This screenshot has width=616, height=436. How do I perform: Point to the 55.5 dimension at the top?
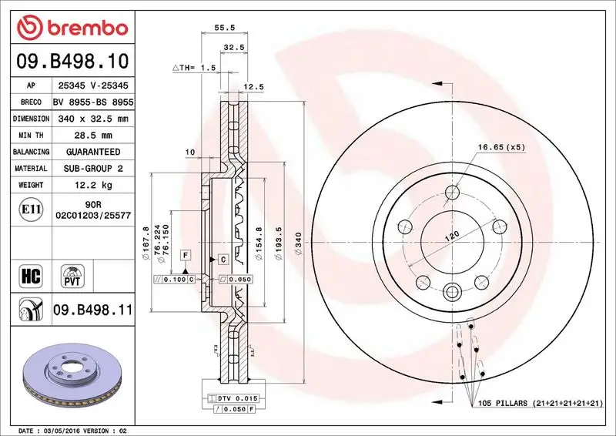pyautogui.click(x=223, y=27)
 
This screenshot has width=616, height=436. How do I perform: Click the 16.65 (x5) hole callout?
pyautogui.click(x=500, y=146)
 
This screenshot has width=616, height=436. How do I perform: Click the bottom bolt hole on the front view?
pyautogui.click(x=452, y=291)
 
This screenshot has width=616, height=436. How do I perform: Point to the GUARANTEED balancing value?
pyautogui.click(x=93, y=152)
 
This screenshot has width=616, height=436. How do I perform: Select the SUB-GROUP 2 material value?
pyautogui.click(x=93, y=168)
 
